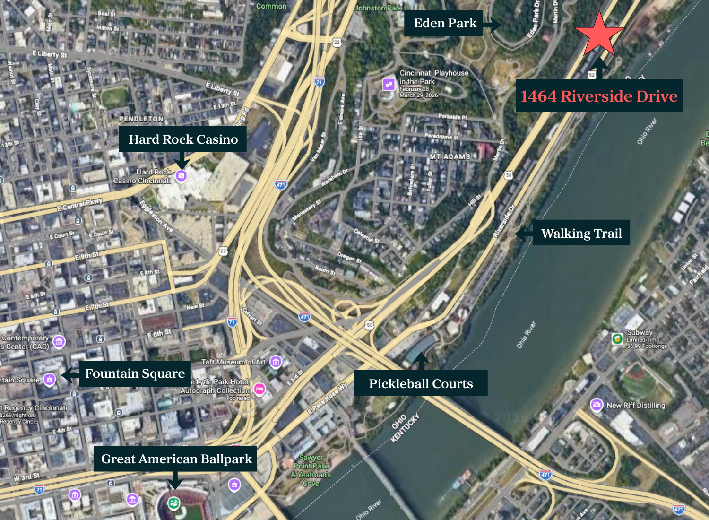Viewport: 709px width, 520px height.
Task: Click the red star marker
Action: [x=599, y=34]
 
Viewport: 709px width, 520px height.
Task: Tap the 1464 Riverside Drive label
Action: [x=599, y=96]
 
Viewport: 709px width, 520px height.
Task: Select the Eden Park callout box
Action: [x=444, y=23]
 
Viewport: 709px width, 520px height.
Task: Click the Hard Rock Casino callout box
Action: [x=183, y=139]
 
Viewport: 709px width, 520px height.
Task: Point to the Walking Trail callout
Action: [x=581, y=233]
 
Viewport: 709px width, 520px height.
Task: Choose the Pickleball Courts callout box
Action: [x=421, y=383]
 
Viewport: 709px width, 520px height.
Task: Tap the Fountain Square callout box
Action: [x=135, y=373]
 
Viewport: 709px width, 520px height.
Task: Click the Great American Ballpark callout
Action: [x=176, y=459]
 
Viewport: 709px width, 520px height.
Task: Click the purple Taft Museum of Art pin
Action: [x=276, y=362]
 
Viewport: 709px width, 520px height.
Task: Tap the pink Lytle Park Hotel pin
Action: [x=259, y=389]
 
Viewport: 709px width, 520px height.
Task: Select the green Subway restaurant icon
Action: [x=617, y=338]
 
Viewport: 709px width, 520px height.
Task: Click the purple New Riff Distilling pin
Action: [x=597, y=405]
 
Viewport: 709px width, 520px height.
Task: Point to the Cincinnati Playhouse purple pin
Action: [x=389, y=84]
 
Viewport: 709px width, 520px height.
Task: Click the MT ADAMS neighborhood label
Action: [x=450, y=156]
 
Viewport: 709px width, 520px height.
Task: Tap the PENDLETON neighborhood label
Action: [x=141, y=119]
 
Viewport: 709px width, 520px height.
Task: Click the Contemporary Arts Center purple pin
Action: [x=59, y=341]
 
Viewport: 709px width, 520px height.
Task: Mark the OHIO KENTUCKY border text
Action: [x=405, y=428]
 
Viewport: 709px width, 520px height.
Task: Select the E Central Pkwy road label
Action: [x=79, y=205]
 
